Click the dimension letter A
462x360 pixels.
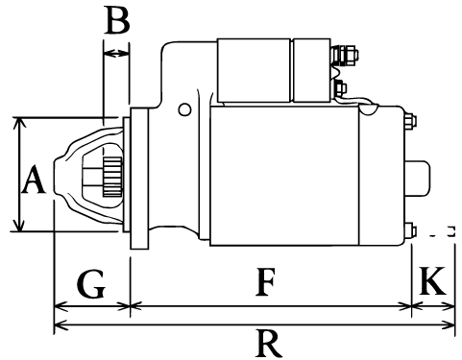(x=34, y=180)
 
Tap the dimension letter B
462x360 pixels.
(x=117, y=21)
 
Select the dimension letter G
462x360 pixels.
(x=91, y=284)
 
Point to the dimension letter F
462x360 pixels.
(x=265, y=282)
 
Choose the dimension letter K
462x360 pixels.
(x=432, y=280)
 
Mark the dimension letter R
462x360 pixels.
(x=269, y=344)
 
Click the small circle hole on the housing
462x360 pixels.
(x=184, y=109)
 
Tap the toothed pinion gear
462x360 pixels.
(x=112, y=177)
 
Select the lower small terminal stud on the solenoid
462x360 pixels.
(x=340, y=87)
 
